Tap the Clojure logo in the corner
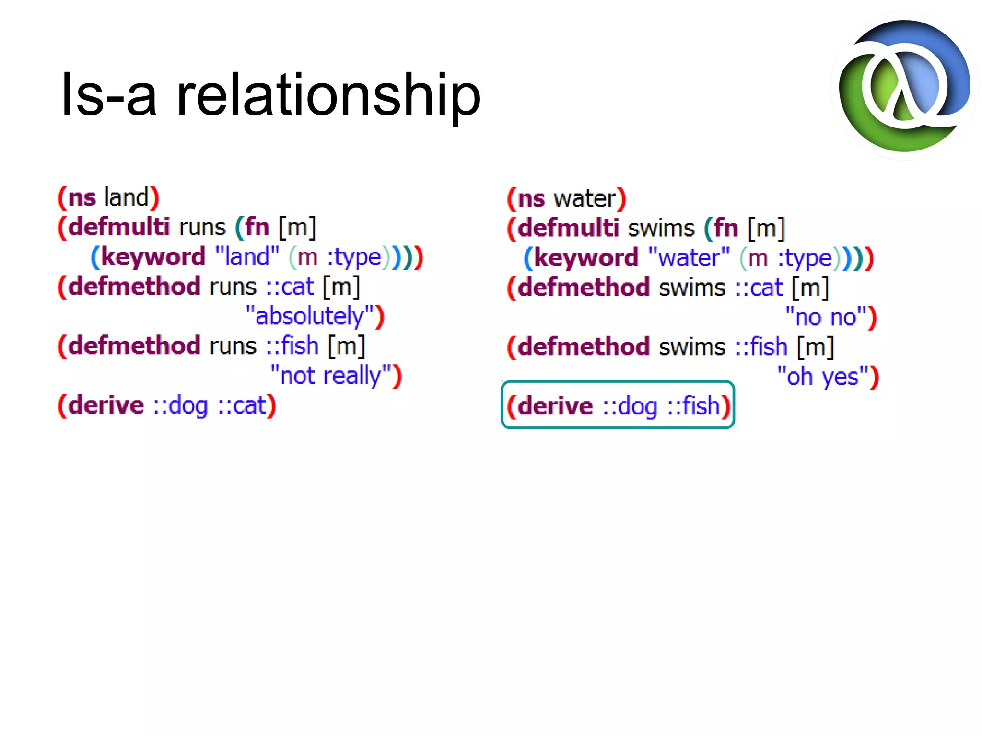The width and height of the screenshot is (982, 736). [x=904, y=86]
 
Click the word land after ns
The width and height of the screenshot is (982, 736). [x=127, y=197]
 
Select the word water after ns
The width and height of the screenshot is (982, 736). [x=585, y=198]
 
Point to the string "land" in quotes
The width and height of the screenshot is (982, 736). [x=247, y=256]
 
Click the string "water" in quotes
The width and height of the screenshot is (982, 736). [x=689, y=258]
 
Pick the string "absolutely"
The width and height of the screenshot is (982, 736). [x=310, y=316]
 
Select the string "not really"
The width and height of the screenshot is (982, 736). [x=330, y=375]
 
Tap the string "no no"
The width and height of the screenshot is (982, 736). [x=826, y=317]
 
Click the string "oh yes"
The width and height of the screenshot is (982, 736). [x=822, y=377]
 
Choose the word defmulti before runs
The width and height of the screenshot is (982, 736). [x=119, y=227]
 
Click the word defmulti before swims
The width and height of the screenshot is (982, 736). [x=568, y=228]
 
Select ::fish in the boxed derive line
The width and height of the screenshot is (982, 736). [x=694, y=406]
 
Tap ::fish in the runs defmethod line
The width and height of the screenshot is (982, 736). [x=292, y=345]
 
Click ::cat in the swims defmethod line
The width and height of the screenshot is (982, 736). [x=759, y=287]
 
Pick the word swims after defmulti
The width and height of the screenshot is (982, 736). [x=661, y=228]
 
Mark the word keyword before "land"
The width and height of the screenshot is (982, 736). [x=153, y=256]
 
